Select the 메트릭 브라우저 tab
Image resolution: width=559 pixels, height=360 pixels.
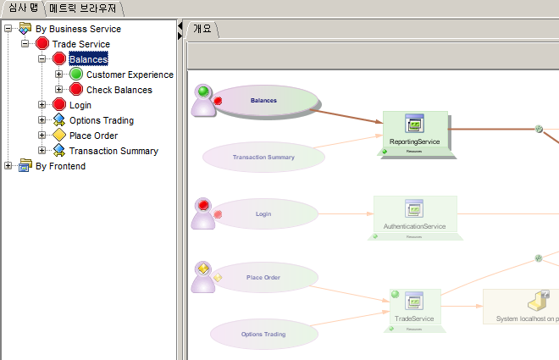[84, 8]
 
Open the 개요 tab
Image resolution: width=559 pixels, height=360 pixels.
[202, 28]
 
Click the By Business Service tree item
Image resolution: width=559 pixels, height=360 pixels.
[78, 29]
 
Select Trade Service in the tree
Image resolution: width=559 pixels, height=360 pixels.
[80, 44]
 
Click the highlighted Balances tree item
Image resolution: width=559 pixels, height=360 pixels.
[88, 59]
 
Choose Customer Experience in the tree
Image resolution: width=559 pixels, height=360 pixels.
[130, 75]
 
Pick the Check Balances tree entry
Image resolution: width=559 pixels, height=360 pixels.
[119, 90]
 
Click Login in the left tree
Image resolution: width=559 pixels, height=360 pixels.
[80, 105]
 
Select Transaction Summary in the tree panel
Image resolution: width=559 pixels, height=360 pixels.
[113, 151]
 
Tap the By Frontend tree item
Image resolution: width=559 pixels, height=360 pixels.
[60, 166]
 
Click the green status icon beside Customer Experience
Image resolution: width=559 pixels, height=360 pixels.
[76, 75]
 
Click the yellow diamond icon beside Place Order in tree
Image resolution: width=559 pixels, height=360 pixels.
[59, 136]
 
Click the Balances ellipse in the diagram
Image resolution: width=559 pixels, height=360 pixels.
[264, 101]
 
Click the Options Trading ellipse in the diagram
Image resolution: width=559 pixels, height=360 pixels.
[263, 335]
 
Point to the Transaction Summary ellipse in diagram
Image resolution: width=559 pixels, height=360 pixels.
[263, 157]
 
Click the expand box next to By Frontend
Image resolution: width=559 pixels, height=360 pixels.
[8, 166]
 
